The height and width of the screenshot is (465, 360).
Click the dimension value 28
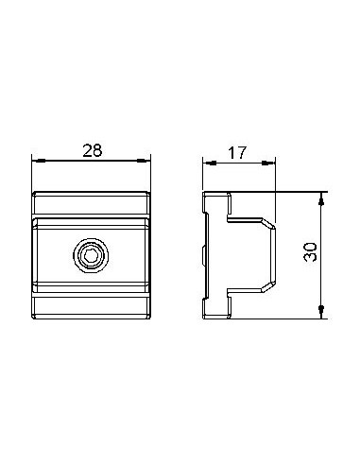(92, 149)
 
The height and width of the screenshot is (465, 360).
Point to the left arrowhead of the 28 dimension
(38, 162)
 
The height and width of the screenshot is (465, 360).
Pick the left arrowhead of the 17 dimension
(209, 162)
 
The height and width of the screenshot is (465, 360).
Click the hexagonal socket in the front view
(91, 254)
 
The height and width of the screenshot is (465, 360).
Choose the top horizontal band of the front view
(91, 203)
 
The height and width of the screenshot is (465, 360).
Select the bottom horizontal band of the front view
(91, 305)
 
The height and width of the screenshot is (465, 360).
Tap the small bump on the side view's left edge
(205, 254)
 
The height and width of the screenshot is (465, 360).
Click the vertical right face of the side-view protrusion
(275, 254)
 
